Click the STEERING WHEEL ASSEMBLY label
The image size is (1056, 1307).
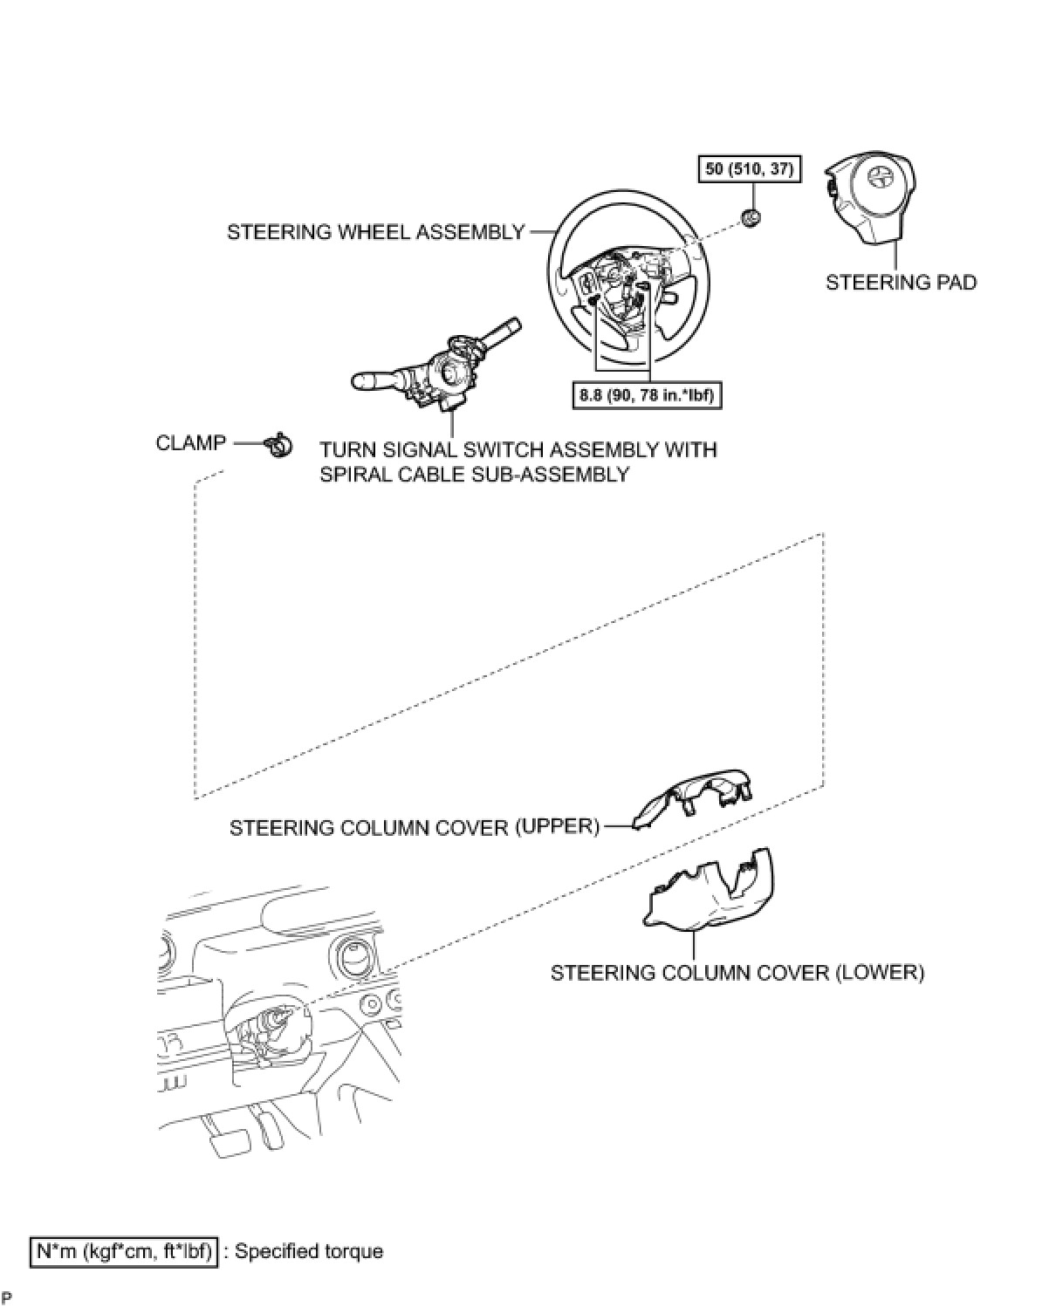[375, 232]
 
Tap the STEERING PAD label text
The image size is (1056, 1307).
[901, 283]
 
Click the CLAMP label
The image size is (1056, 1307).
[190, 443]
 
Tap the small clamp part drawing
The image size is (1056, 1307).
[278, 446]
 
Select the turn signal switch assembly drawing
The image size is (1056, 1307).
[436, 371]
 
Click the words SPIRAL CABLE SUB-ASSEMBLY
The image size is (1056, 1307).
[474, 475]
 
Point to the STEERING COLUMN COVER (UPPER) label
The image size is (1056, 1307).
[415, 826]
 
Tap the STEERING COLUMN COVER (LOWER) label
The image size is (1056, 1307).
[737, 972]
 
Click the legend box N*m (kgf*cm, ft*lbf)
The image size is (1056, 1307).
[123, 1251]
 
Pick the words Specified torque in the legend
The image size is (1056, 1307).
[309, 1251]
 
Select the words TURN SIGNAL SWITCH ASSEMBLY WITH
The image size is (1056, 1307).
[518, 450]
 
